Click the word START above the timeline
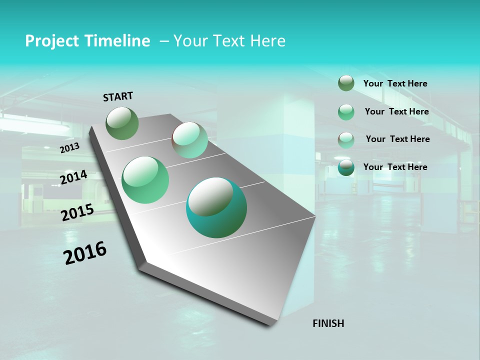click(x=118, y=96)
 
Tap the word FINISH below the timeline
click(x=328, y=323)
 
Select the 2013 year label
click(x=70, y=147)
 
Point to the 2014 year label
click(x=73, y=177)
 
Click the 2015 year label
click(x=77, y=212)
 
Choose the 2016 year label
click(x=85, y=252)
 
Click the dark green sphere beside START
click(x=122, y=123)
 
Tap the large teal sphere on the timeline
click(x=216, y=207)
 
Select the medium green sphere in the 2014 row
click(x=145, y=179)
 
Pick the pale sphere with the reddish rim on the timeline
click(x=189, y=140)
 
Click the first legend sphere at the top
click(x=346, y=83)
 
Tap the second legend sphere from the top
click(x=346, y=112)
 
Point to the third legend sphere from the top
click(x=346, y=140)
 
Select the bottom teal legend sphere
click(x=346, y=168)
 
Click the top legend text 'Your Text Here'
click(x=395, y=83)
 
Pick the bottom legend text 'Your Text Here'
click(x=395, y=167)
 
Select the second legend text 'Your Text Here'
click(x=396, y=111)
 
